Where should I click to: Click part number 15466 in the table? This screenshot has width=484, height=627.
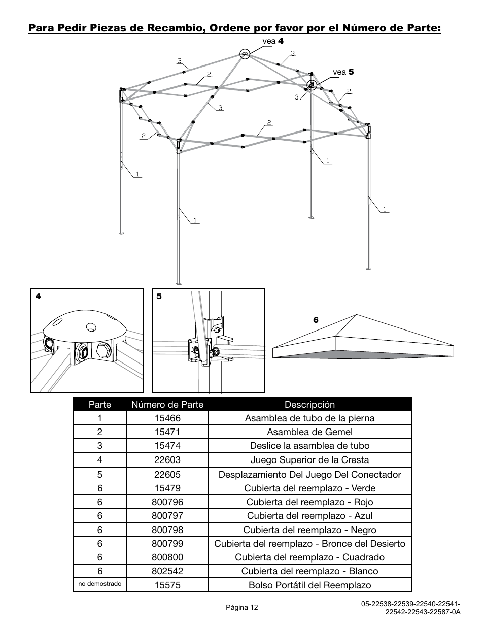167,418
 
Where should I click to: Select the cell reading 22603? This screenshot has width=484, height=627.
167,460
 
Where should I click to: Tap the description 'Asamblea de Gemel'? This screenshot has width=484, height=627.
309,432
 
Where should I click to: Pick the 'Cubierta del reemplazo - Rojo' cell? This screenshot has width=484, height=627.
309,502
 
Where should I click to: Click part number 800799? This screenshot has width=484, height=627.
167,544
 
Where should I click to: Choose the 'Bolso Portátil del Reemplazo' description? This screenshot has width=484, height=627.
309,585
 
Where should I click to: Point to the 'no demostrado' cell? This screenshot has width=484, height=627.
100,584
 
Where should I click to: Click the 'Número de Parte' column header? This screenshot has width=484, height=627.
167,405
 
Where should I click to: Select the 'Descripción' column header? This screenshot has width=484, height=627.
309,405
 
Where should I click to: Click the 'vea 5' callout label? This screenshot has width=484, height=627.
343,72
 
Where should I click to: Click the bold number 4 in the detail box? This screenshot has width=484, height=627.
38,296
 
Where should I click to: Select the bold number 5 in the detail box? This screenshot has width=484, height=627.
159,296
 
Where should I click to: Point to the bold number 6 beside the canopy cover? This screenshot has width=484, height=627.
316,320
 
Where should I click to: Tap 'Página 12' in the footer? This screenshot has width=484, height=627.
242,607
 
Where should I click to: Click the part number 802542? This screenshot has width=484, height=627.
167,571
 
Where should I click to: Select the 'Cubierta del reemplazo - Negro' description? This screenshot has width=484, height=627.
309,530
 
